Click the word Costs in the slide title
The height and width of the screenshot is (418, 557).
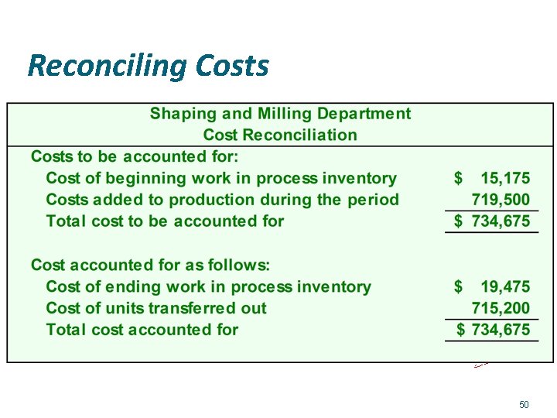pyautogui.click(x=232, y=66)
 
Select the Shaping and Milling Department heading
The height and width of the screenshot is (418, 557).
pyautogui.click(x=280, y=114)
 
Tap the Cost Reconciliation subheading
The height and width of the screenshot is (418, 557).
pyautogui.click(x=280, y=135)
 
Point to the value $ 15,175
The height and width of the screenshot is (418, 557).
pyautogui.click(x=492, y=178)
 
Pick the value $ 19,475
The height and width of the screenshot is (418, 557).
pyautogui.click(x=492, y=286)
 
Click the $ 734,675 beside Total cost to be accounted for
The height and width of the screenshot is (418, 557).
pyautogui.click(x=492, y=221)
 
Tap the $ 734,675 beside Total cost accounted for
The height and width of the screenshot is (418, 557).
pyautogui.click(x=493, y=330)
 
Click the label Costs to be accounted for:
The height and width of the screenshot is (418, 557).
pyautogui.click(x=124, y=156)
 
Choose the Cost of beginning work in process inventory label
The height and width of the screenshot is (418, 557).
pyautogui.click(x=221, y=178)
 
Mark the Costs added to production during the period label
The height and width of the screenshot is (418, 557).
pyautogui.click(x=223, y=200)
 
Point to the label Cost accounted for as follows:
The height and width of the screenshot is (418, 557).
pyautogui.click(x=150, y=265)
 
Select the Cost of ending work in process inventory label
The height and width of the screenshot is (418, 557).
pyautogui.click(x=208, y=286)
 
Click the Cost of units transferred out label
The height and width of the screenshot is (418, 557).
pyautogui.click(x=156, y=308)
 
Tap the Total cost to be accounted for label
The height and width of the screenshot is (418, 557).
pyautogui.click(x=165, y=221)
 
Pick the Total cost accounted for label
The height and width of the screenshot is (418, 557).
pyautogui.click(x=142, y=330)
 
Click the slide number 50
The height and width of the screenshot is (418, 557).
pyautogui.click(x=524, y=405)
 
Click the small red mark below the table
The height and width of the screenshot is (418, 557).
pyautogui.click(x=481, y=364)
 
